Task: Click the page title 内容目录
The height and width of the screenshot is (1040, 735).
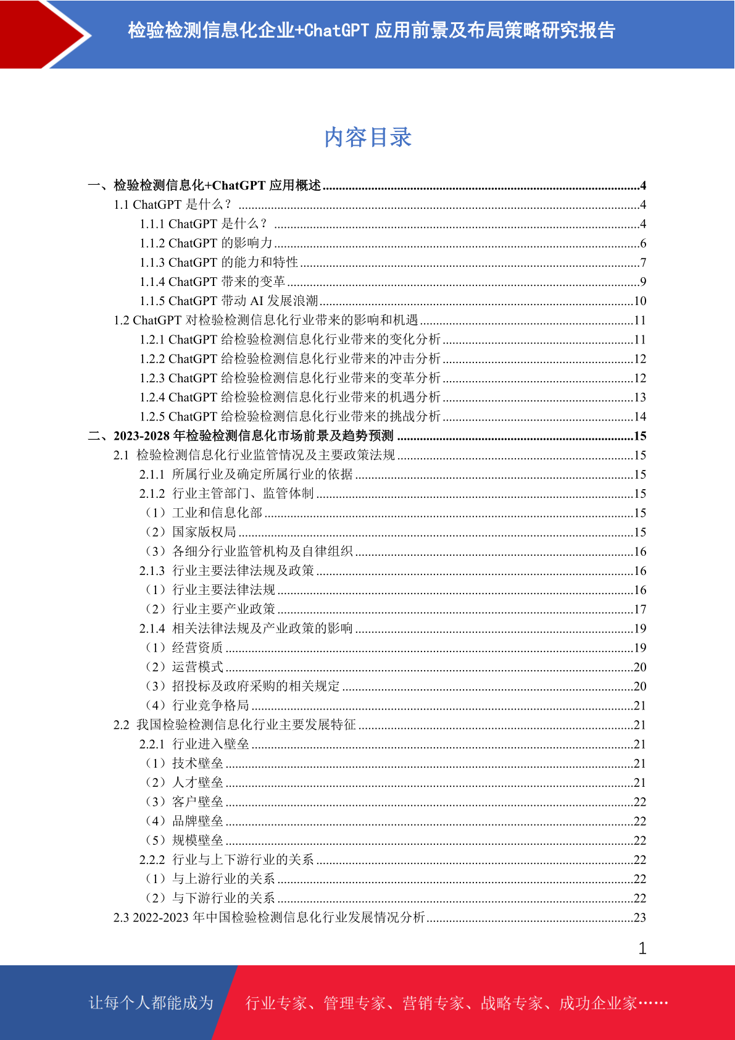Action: [368, 137]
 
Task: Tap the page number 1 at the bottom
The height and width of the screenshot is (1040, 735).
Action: [642, 949]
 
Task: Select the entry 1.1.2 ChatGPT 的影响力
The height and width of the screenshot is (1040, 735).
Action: [206, 243]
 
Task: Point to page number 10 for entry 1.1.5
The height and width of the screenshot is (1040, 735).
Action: [640, 301]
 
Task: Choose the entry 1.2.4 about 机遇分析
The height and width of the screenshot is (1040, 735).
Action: [290, 397]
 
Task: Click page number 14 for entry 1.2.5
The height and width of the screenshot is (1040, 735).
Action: [640, 416]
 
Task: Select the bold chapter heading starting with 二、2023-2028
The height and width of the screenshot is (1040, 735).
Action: [241, 436]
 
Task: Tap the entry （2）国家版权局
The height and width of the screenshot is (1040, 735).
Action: [190, 532]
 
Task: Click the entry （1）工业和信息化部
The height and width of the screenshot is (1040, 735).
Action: [203, 513]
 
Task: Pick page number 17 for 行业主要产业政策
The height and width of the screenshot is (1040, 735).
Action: [640, 609]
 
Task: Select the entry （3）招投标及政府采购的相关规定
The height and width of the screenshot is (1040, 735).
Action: [242, 686]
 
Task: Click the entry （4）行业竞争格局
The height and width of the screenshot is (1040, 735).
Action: [196, 705]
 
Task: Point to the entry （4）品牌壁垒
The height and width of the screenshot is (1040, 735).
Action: [183, 821]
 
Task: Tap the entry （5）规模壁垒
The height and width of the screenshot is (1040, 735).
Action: [183, 840]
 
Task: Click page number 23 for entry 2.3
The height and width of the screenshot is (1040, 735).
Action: [640, 917]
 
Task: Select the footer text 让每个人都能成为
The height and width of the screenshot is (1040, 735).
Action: [151, 1002]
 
